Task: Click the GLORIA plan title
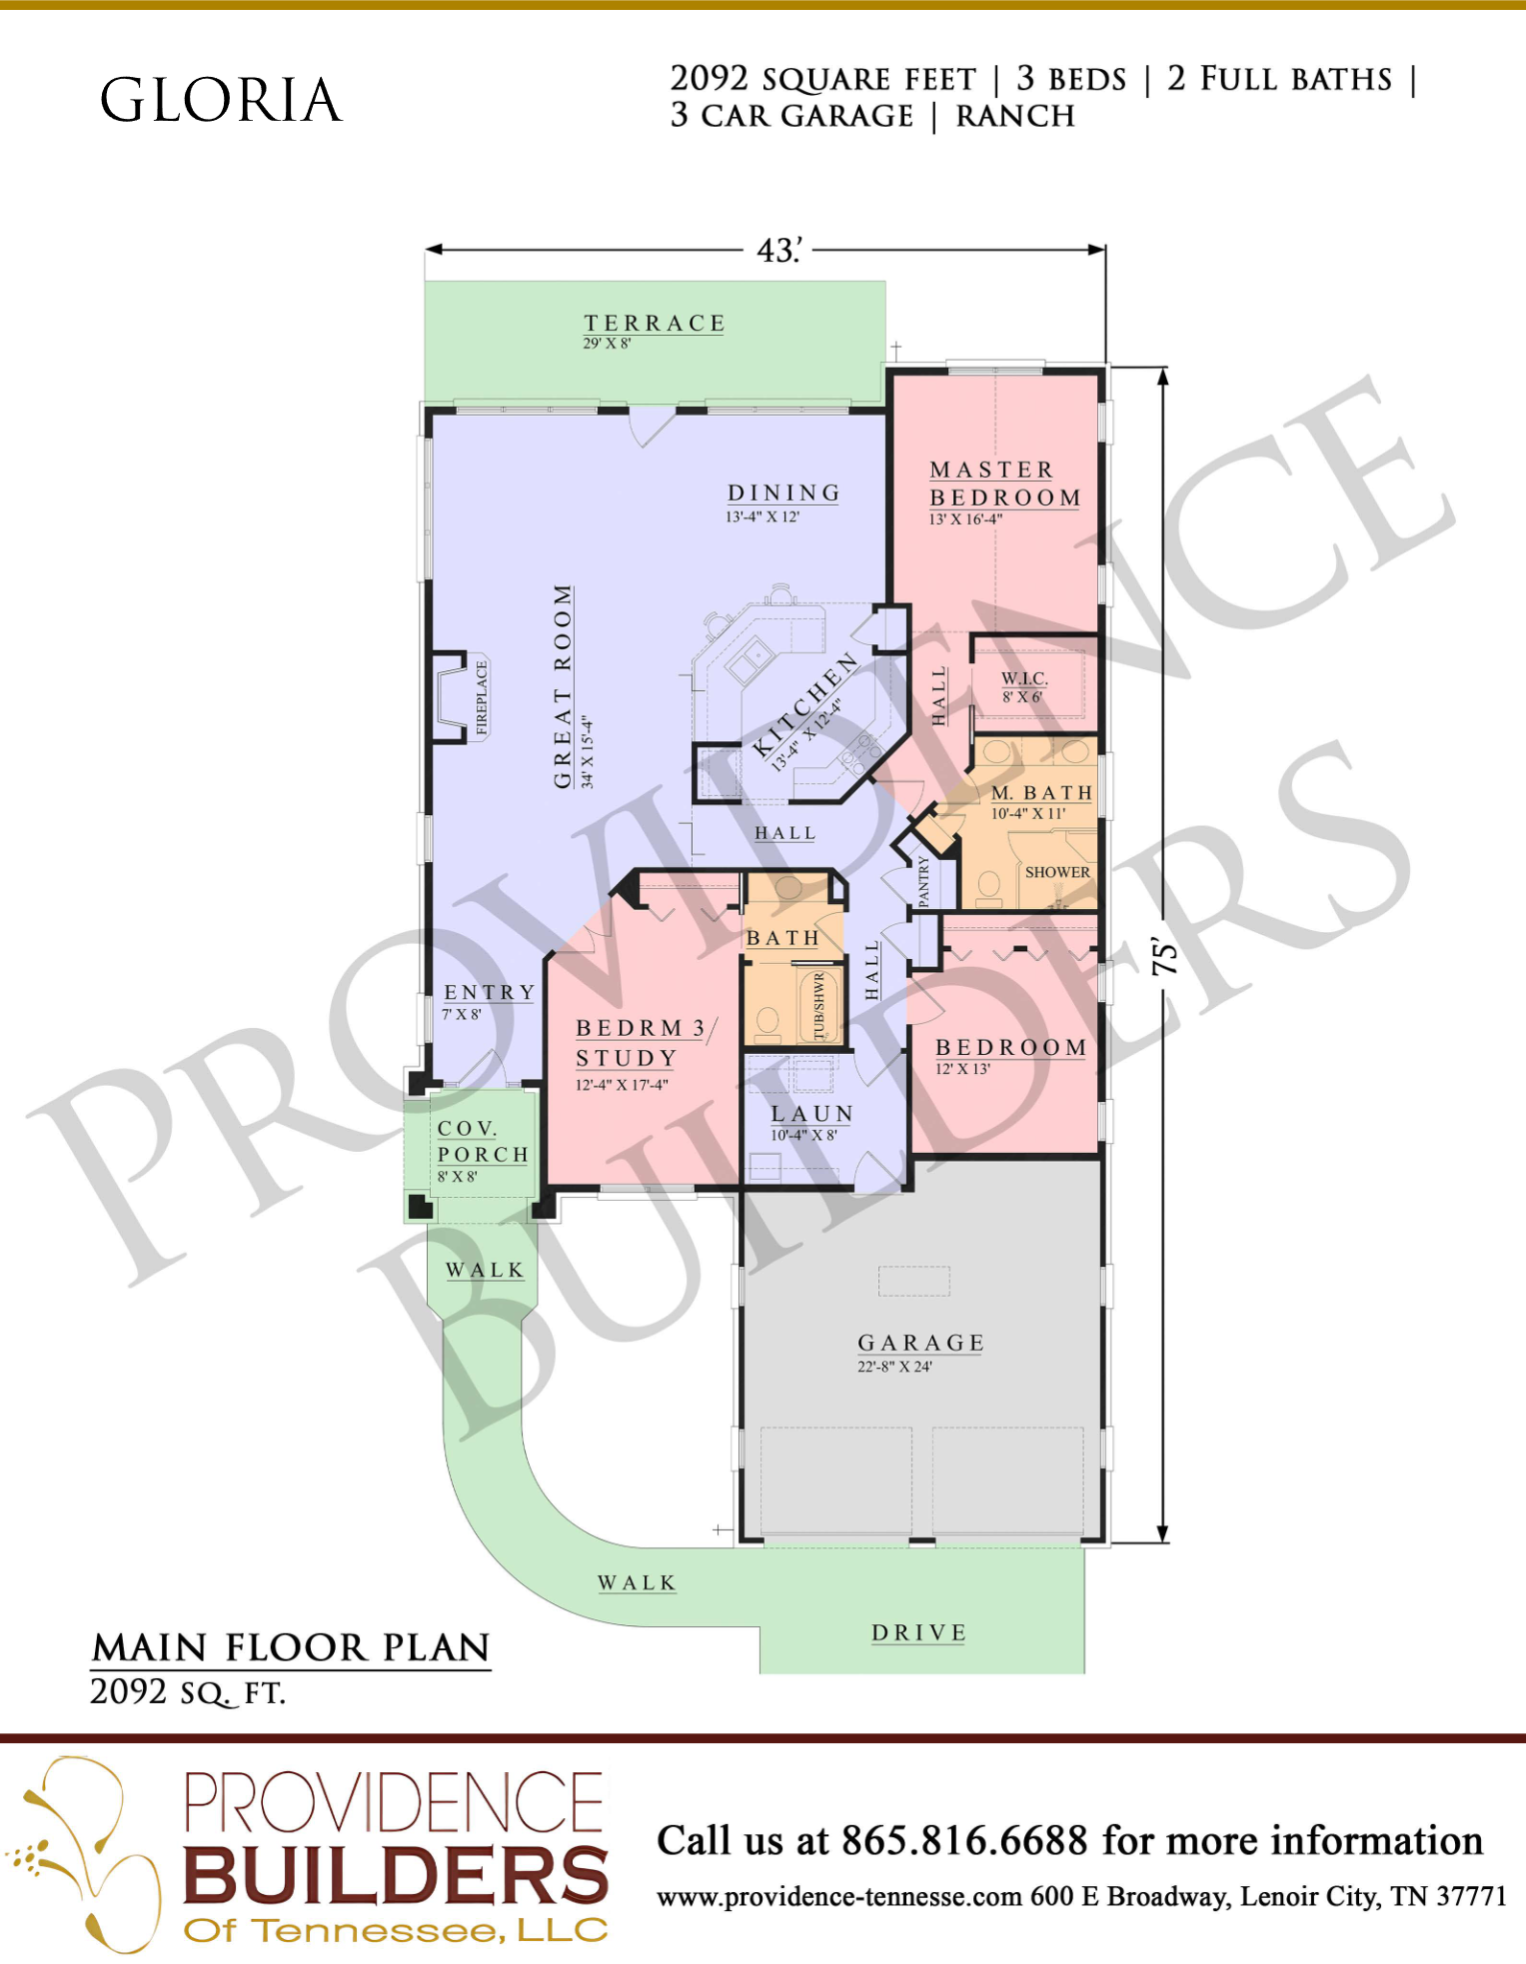click(221, 100)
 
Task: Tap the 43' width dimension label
click(779, 250)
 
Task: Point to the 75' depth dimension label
click(1164, 956)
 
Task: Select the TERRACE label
click(655, 323)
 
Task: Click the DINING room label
click(783, 492)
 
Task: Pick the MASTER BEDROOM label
click(1005, 484)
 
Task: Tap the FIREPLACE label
click(482, 697)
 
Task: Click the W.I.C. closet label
click(1024, 678)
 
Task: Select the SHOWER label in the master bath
click(1057, 872)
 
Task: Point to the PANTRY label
click(923, 880)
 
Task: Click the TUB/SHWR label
click(819, 1006)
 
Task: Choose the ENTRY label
click(490, 992)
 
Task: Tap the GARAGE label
click(920, 1343)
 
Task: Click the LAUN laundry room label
click(811, 1113)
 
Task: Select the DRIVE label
click(918, 1632)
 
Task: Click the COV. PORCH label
click(483, 1141)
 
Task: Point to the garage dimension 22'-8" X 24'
click(894, 1367)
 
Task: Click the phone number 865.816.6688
click(964, 1840)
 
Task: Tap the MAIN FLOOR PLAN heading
click(291, 1647)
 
